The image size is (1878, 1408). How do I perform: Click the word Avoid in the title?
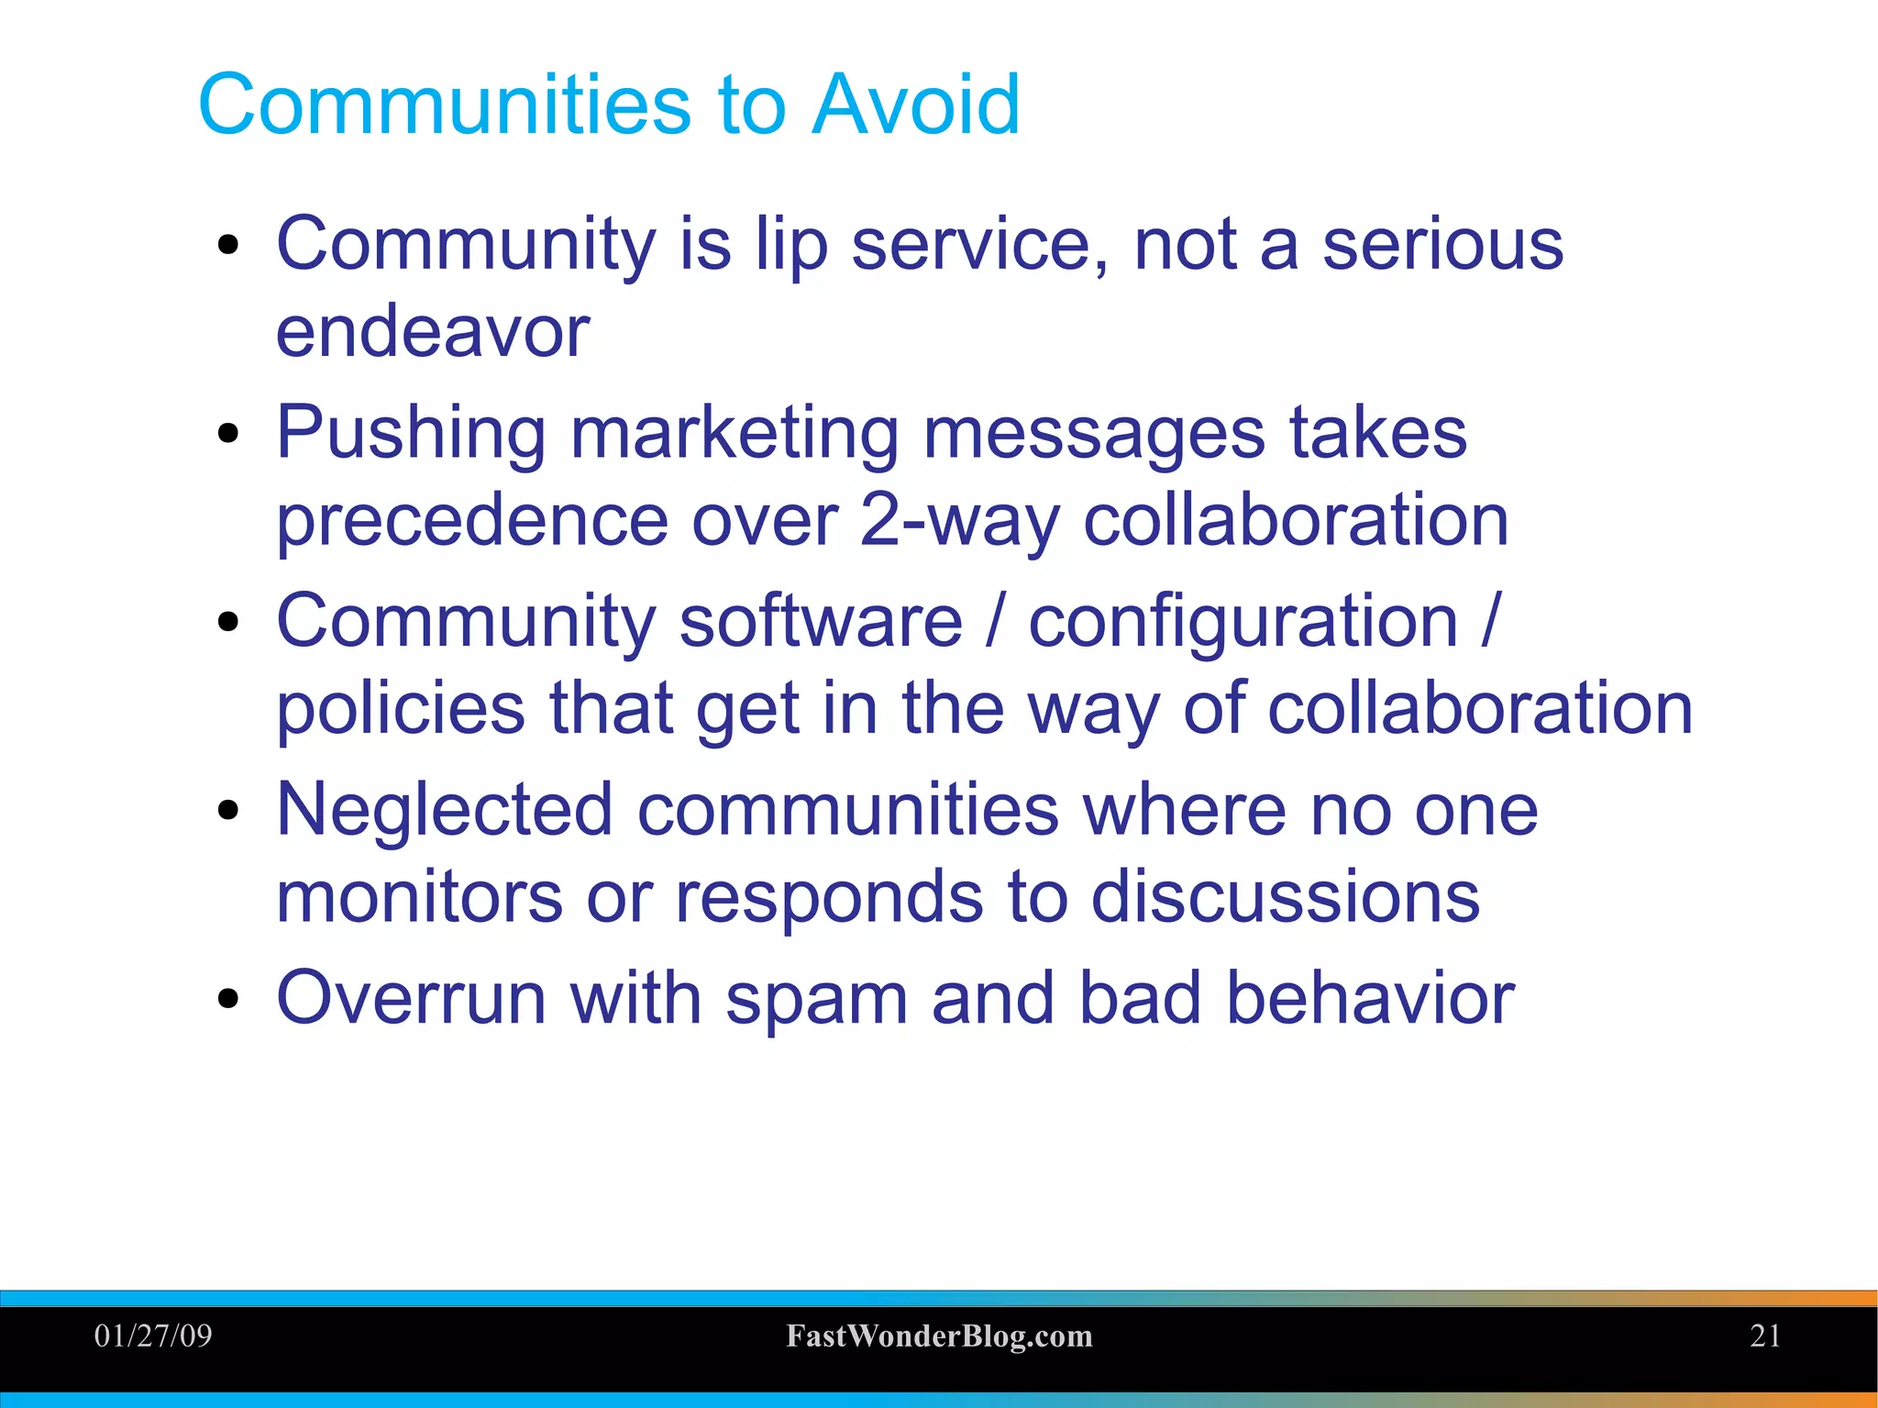(915, 105)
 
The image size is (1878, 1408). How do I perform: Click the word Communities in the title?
(444, 105)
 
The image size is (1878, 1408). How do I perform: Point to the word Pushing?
(411, 433)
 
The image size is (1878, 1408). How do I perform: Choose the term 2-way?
(959, 520)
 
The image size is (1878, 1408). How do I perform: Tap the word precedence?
(472, 520)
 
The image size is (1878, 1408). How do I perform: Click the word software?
(821, 621)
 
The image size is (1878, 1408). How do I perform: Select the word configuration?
(1243, 621)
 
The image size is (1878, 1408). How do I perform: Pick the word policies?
(401, 708)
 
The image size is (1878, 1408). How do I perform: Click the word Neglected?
(444, 810)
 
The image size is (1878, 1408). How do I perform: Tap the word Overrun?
(411, 998)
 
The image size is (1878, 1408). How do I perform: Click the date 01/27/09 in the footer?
(153, 1336)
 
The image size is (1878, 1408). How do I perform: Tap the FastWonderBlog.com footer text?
(939, 1336)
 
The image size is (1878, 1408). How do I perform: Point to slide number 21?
(1765, 1336)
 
